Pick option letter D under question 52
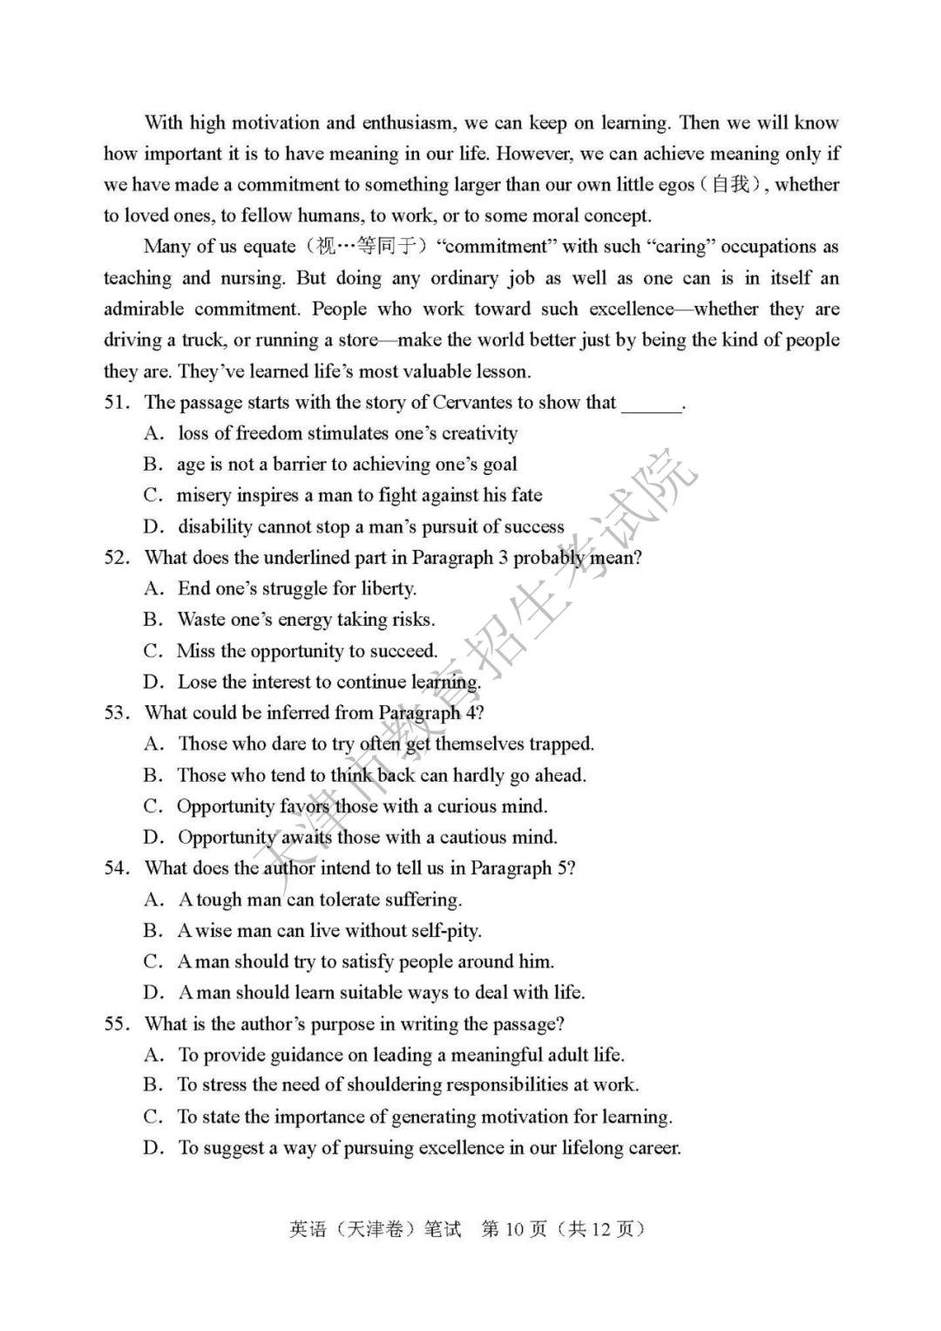(x=153, y=682)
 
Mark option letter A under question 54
(x=153, y=900)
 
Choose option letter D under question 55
(x=153, y=1149)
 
